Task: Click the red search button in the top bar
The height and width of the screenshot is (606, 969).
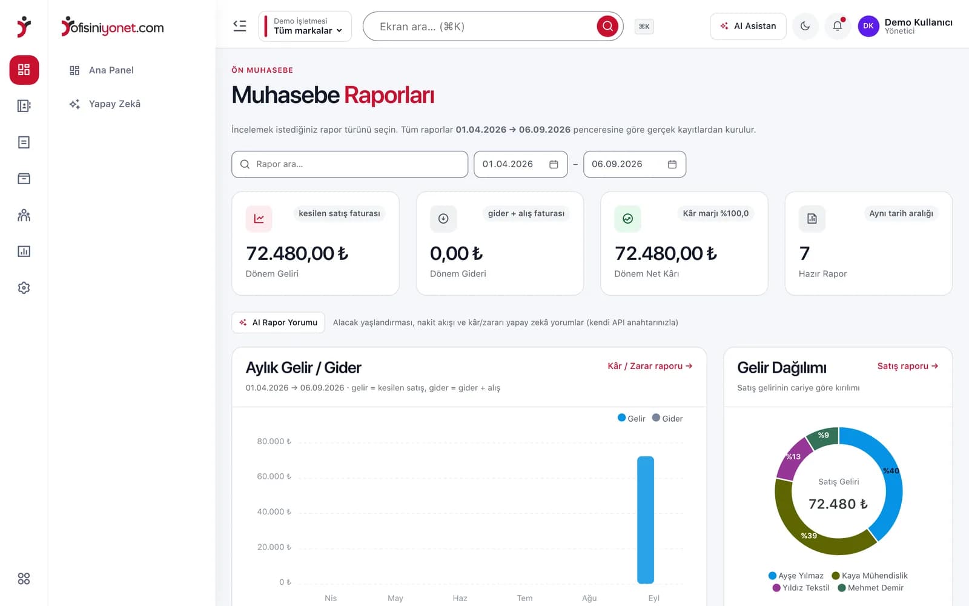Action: coord(607,27)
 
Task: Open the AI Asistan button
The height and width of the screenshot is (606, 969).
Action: coord(748,26)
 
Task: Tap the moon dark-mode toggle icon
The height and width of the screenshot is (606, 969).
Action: coord(805,26)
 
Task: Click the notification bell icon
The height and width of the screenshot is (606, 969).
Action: coord(838,26)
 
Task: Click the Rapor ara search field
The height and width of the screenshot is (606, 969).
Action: coord(349,164)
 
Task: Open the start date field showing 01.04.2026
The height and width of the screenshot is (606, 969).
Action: coord(520,164)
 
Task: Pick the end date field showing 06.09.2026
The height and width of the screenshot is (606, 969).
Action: coord(635,164)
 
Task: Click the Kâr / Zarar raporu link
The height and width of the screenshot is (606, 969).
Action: coord(650,366)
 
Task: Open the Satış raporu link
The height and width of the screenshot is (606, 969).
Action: coord(908,366)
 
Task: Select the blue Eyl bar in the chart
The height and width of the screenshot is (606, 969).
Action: coord(646,520)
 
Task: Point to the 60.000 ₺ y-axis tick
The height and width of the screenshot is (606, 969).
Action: coord(274,476)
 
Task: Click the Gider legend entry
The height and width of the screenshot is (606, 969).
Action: coord(667,418)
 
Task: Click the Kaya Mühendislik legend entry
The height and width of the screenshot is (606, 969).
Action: coord(870,576)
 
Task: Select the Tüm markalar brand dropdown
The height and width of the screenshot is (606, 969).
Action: coord(305,27)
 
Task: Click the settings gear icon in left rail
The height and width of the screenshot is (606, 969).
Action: coord(24,288)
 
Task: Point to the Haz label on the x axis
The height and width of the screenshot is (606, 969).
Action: coord(460,598)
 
